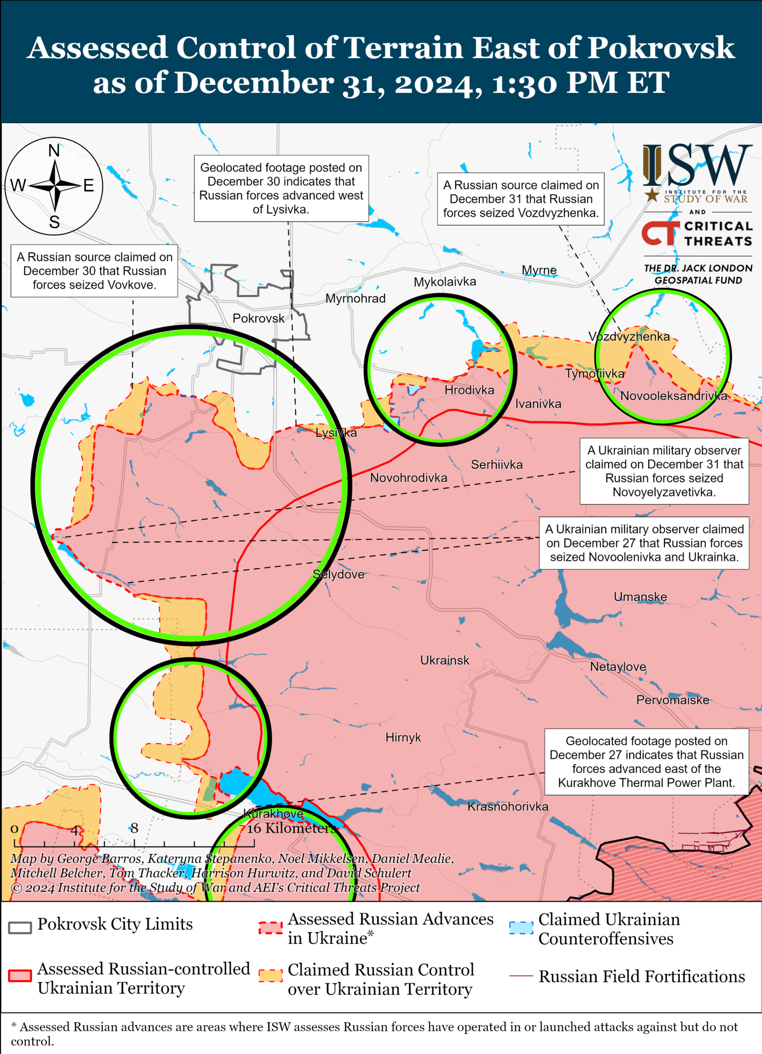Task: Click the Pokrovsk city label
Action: pyautogui.click(x=258, y=318)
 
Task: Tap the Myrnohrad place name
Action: pyautogui.click(x=355, y=299)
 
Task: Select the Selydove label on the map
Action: pyautogui.click(x=339, y=574)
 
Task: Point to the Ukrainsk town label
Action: pyautogui.click(x=445, y=660)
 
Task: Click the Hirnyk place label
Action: pyautogui.click(x=403, y=737)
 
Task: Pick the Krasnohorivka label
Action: pyautogui.click(x=508, y=806)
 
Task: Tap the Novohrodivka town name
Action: pyautogui.click(x=409, y=478)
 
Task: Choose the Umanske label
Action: pyautogui.click(x=640, y=597)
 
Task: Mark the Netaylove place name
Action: pyautogui.click(x=618, y=667)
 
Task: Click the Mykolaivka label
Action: pyautogui.click(x=445, y=282)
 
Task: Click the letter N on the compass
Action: pyautogui.click(x=54, y=151)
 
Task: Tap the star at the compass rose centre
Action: pyautogui.click(x=55, y=186)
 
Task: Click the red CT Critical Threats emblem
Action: pyautogui.click(x=660, y=233)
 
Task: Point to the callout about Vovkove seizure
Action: pyautogui.click(x=94, y=271)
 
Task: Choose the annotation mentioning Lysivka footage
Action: pyautogui.click(x=281, y=188)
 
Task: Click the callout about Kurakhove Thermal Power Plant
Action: pyautogui.click(x=647, y=762)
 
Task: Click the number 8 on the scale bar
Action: pyautogui.click(x=134, y=828)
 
